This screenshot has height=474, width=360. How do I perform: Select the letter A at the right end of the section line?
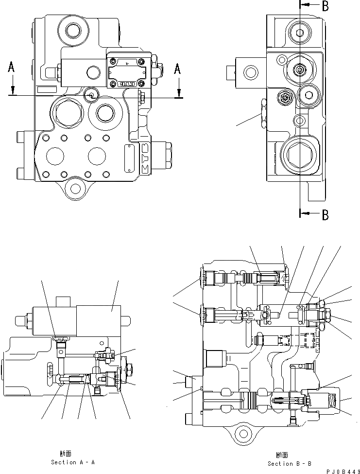click(178, 70)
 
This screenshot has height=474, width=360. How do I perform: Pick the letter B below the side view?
click(325, 214)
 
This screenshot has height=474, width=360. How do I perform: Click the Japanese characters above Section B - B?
click(282, 456)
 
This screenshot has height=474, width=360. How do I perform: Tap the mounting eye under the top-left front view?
click(75, 187)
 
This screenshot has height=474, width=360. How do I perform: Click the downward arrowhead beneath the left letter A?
click(14, 91)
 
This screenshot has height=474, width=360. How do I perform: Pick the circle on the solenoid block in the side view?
click(251, 73)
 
